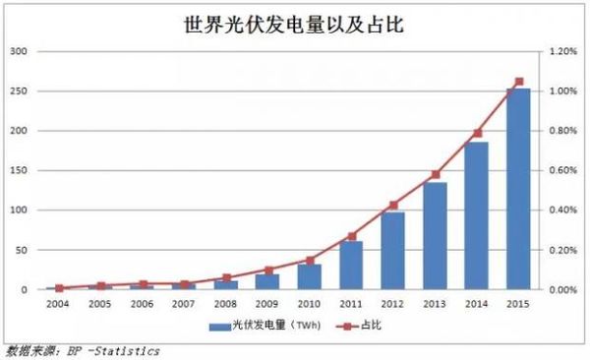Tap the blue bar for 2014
pos(477,216)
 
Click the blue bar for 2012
pos(393,251)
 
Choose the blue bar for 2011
pos(351,266)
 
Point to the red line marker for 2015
pos(519,82)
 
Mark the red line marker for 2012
pos(393,205)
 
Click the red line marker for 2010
pos(310,261)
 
